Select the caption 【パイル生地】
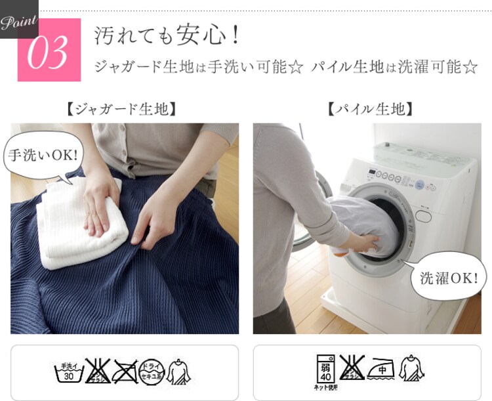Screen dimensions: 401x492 click(x=370, y=109)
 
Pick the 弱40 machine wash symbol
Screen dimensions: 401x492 click(x=325, y=370)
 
